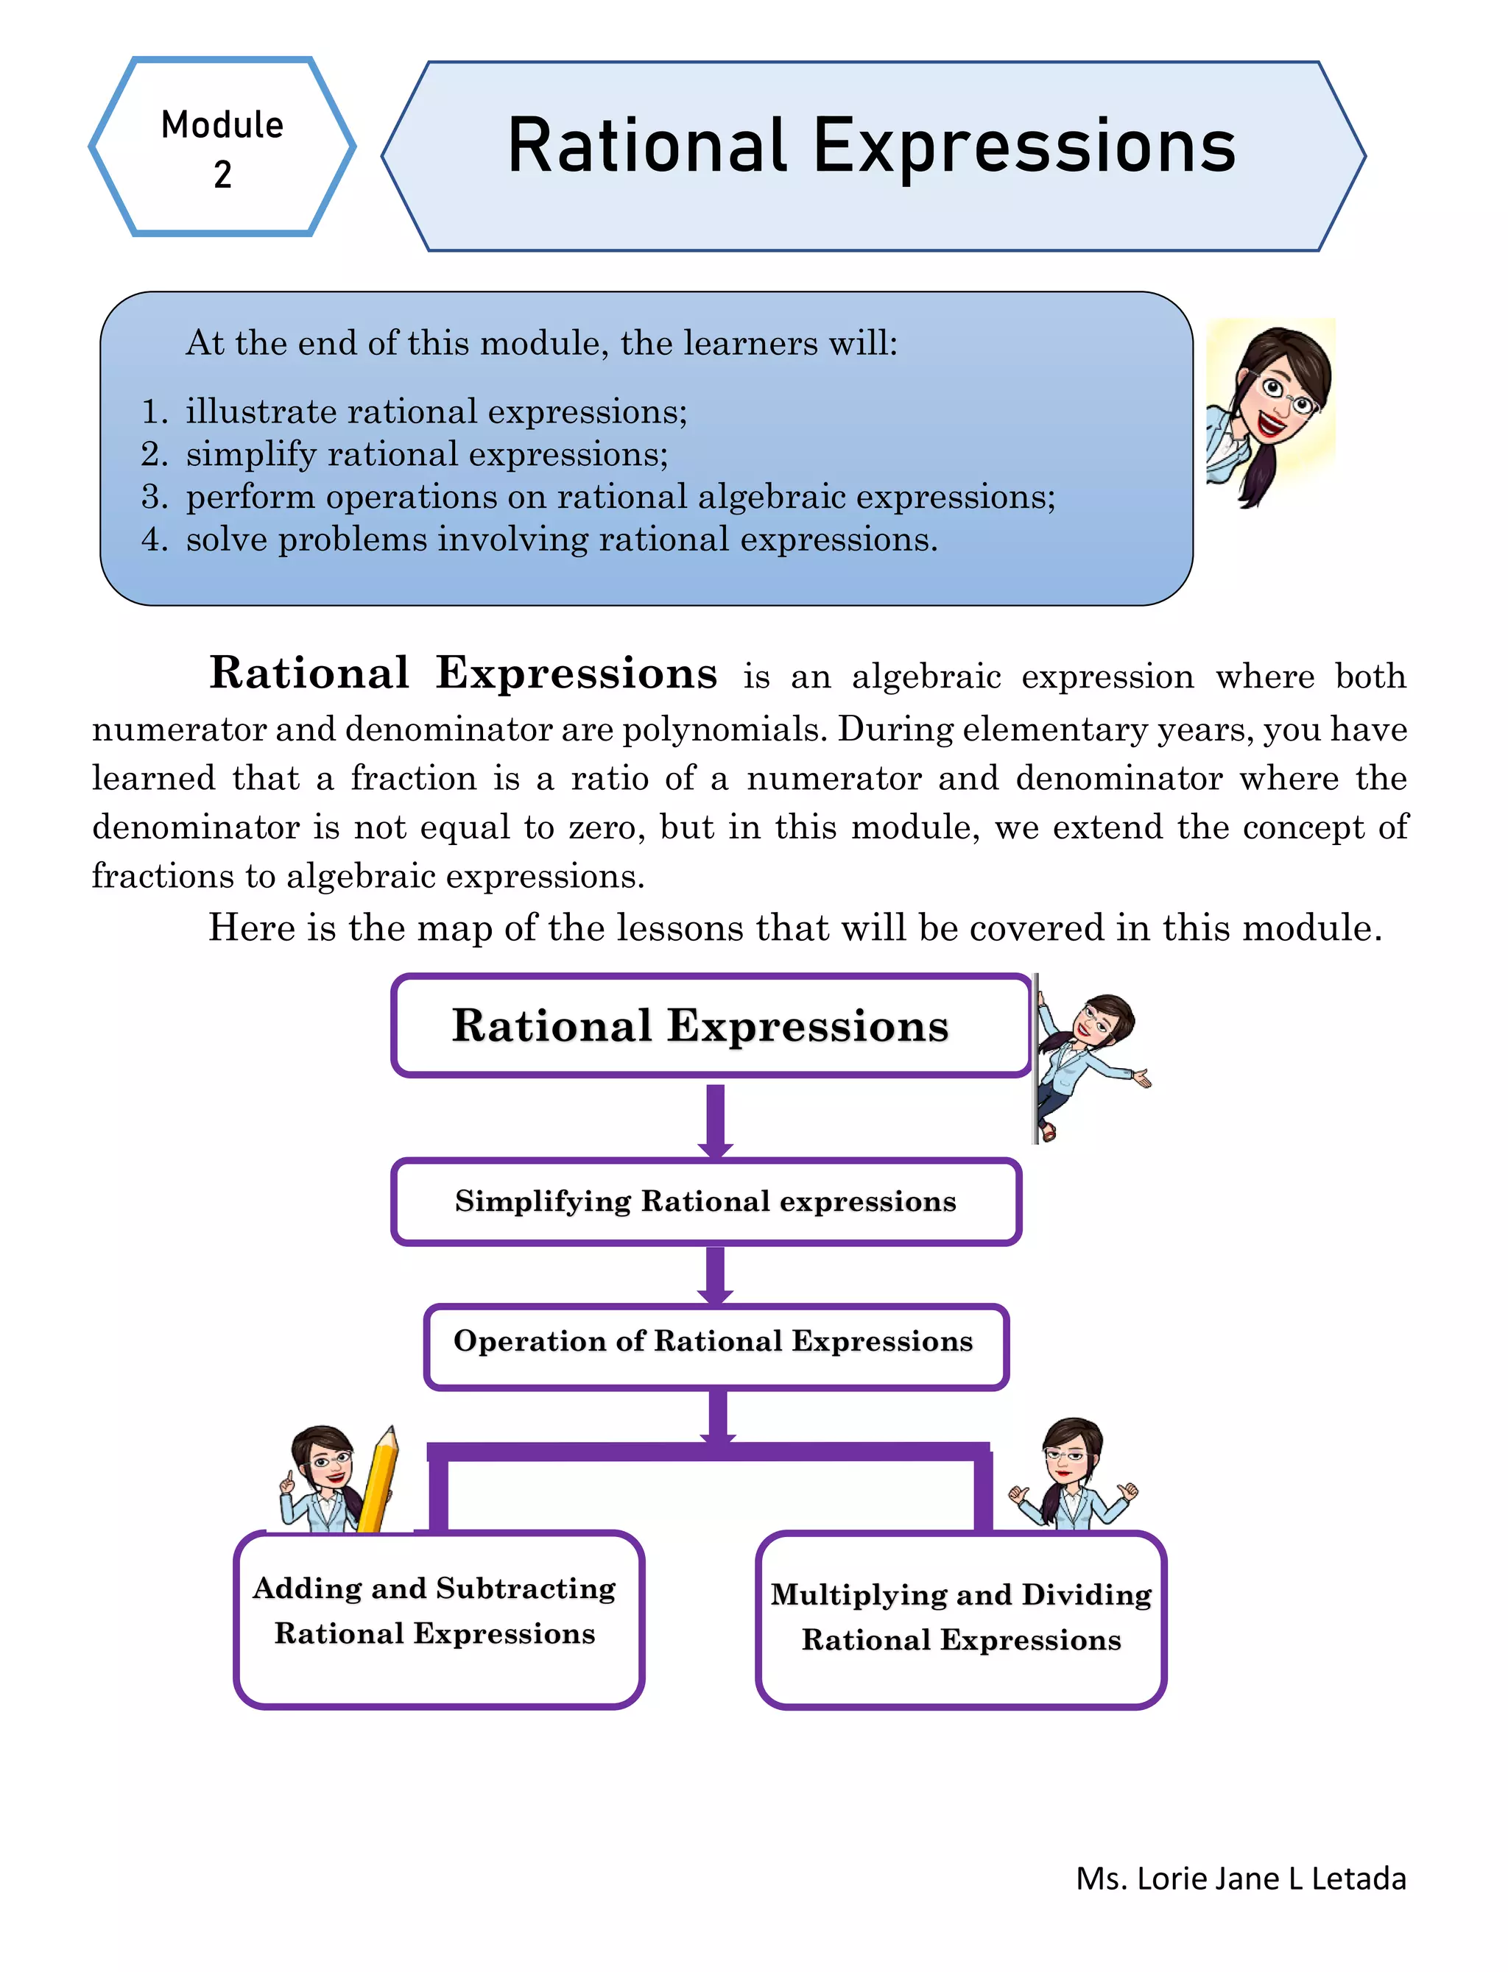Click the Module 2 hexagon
(x=222, y=147)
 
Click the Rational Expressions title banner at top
(x=873, y=155)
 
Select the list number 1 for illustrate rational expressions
(x=155, y=411)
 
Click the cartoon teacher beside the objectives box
(x=1269, y=413)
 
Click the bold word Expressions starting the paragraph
(x=577, y=673)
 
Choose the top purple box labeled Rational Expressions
(x=711, y=1025)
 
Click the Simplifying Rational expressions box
(x=706, y=1201)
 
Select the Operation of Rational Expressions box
(x=716, y=1346)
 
